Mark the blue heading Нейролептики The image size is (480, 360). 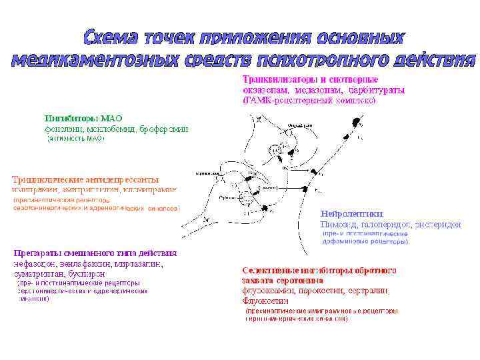coord(351,215)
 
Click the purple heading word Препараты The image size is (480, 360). coord(41,253)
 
